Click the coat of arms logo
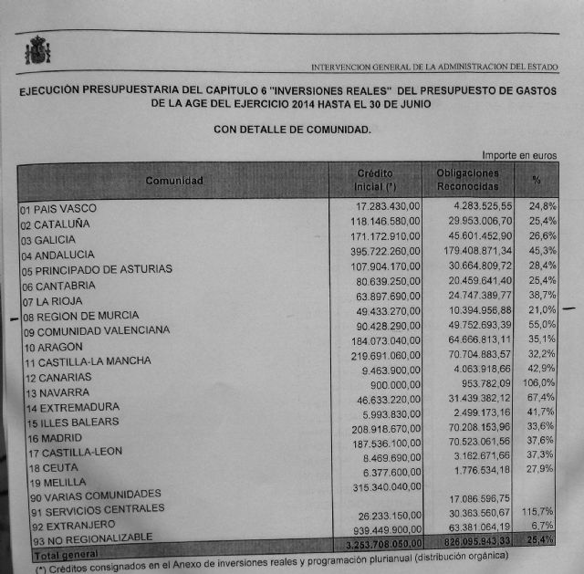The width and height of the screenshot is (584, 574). (37, 50)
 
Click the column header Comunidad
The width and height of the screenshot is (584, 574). (173, 181)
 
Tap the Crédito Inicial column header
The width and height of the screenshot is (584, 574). (374, 180)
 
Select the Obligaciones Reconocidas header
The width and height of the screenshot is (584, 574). (467, 179)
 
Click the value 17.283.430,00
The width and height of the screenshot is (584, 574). (387, 208)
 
